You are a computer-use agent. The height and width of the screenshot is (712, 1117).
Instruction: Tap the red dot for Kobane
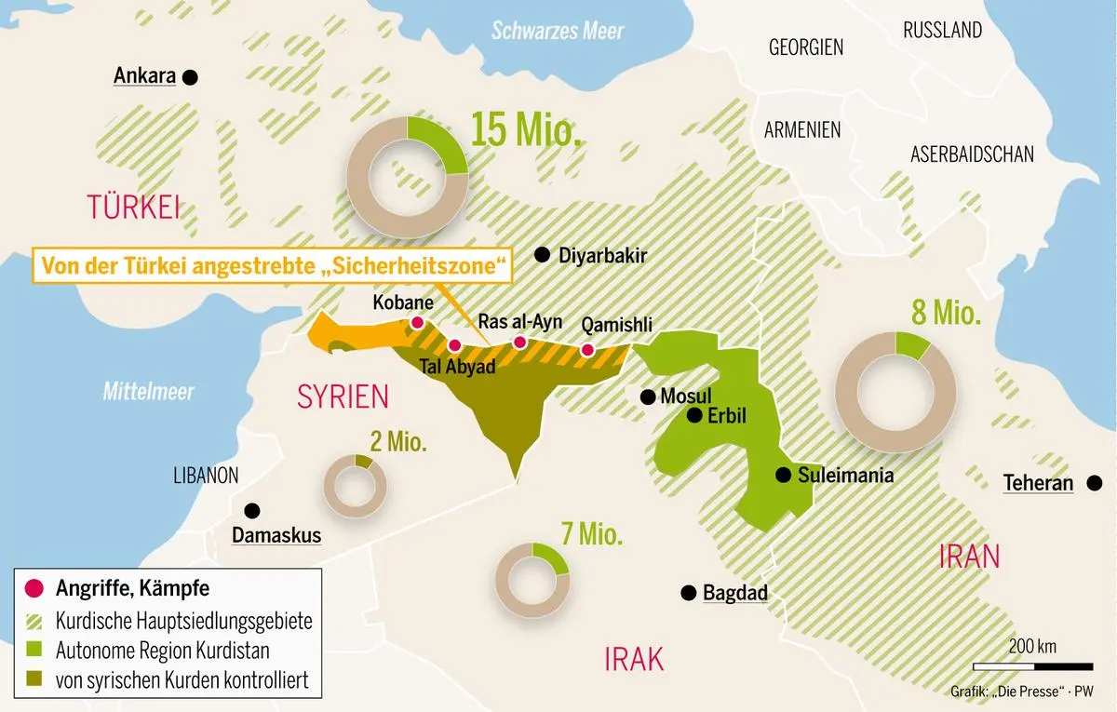[x=417, y=323]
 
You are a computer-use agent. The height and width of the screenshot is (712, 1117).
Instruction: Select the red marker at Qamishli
[x=587, y=350]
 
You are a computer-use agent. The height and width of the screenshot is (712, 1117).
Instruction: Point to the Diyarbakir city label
[x=602, y=256]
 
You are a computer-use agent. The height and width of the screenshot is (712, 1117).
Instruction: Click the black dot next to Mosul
[x=648, y=397]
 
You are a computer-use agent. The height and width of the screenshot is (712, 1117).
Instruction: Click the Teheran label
[x=1038, y=483]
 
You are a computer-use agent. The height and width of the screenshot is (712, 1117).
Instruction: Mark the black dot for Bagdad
[x=688, y=593]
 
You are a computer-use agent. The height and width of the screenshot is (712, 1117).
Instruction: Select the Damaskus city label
[x=276, y=535]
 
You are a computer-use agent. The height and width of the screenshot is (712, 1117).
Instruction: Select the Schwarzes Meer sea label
[x=558, y=31]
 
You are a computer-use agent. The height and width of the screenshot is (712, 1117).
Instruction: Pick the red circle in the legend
[x=34, y=588]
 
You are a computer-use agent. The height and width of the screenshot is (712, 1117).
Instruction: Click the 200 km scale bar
[x=1032, y=666]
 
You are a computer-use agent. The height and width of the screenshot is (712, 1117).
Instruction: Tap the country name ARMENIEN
[x=802, y=130]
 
